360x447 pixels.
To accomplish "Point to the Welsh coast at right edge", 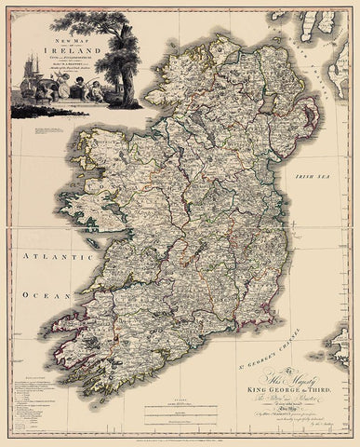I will pyautogui.click(x=348, y=279).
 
